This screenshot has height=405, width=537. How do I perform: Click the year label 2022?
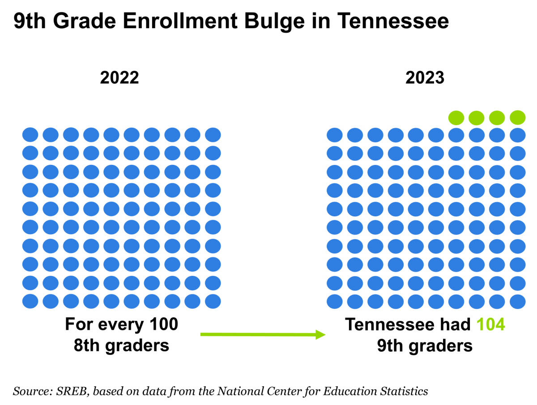(119, 78)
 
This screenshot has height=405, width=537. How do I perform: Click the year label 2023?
(425, 78)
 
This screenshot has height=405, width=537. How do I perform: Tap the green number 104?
(490, 325)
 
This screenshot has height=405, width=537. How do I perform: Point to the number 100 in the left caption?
(164, 324)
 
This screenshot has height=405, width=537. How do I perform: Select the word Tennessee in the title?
(393, 21)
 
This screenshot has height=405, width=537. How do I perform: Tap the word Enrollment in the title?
(180, 21)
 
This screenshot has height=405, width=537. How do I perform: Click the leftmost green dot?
(456, 118)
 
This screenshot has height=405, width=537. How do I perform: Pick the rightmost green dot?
(517, 118)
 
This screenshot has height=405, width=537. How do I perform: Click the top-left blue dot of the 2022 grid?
(30, 135)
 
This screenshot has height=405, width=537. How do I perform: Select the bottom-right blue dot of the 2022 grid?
(213, 301)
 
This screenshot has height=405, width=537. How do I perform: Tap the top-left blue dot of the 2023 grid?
(334, 135)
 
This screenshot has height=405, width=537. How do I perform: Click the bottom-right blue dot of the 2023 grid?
(517, 301)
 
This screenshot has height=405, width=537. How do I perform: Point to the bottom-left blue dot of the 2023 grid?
(334, 301)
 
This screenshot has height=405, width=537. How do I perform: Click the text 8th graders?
(121, 346)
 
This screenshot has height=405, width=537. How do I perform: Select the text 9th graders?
(425, 346)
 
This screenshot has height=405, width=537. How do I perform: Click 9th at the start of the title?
(30, 21)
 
